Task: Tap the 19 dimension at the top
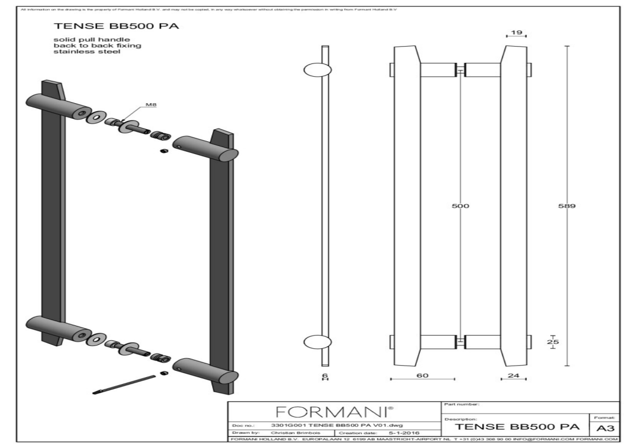pos(516,33)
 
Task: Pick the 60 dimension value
pos(423,375)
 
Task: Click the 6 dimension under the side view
pos(325,375)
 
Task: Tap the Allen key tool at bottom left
pos(123,385)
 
